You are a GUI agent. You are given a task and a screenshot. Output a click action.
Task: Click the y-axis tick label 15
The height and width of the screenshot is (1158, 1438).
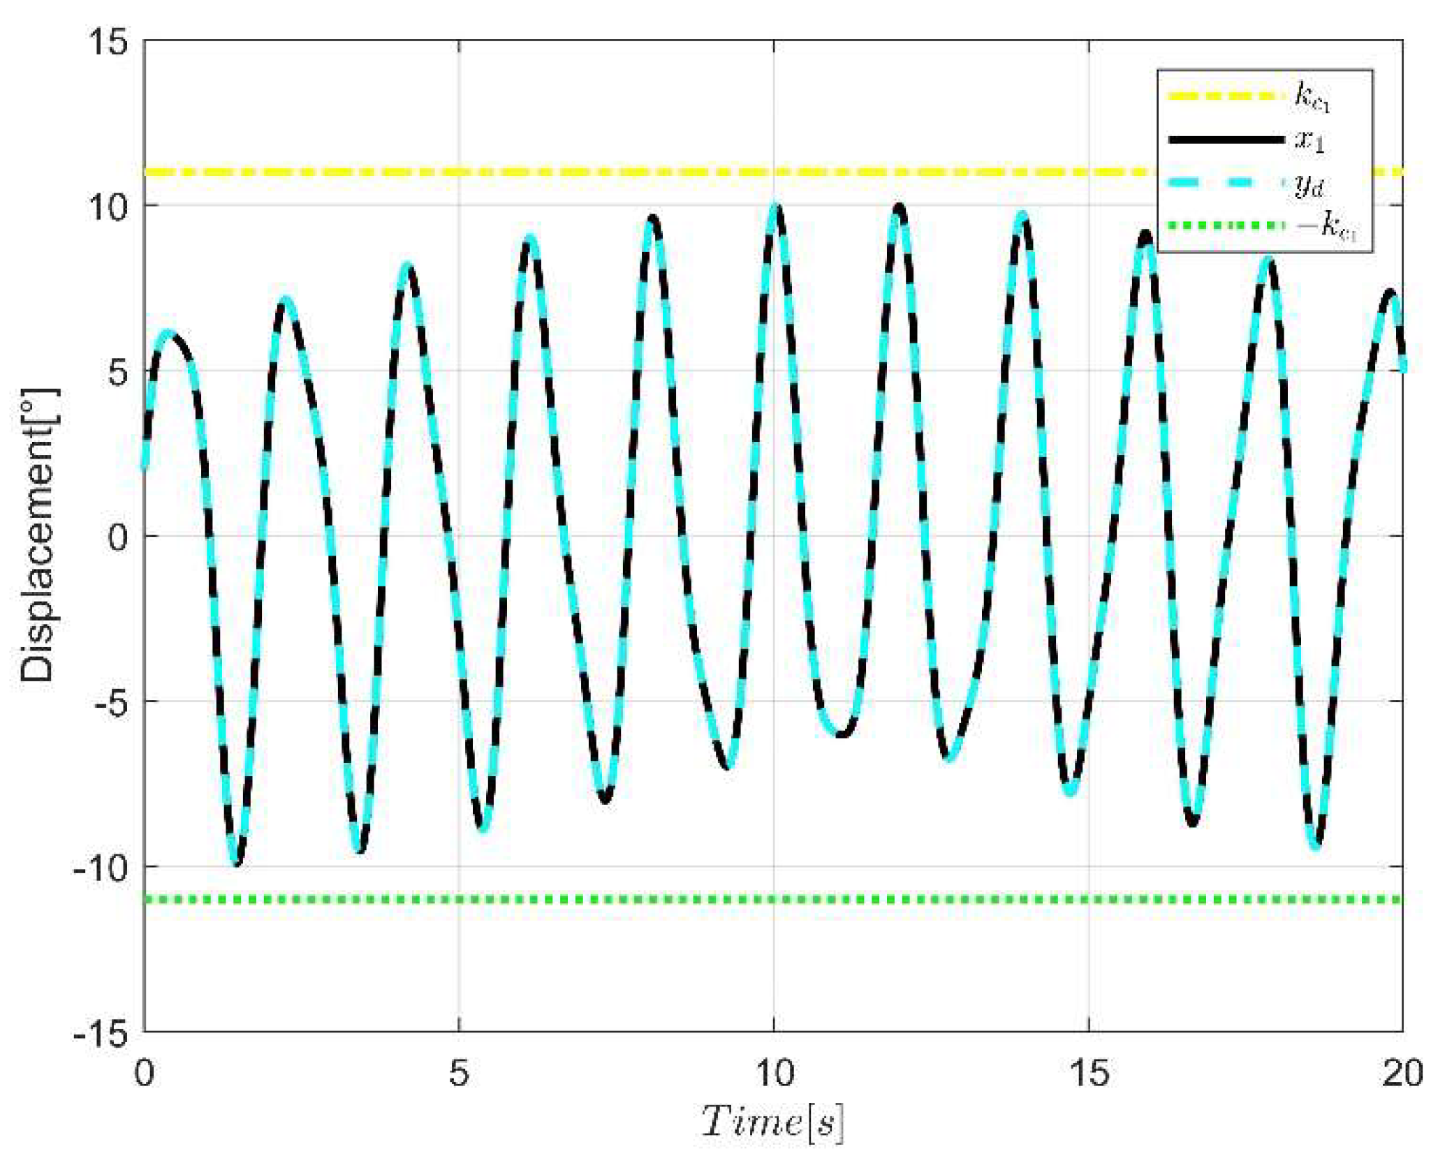tap(108, 43)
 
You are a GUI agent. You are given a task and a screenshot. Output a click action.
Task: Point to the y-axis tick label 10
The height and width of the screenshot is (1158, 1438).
tap(108, 207)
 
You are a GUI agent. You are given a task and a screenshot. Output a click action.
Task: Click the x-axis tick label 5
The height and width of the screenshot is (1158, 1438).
tap(459, 1074)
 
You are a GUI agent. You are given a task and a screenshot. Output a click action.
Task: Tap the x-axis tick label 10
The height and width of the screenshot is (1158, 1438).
tap(775, 1074)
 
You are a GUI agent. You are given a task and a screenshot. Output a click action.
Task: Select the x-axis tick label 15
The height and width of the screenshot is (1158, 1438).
tap(1089, 1074)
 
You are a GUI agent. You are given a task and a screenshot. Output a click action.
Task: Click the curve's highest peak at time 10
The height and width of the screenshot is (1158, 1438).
tap(775, 207)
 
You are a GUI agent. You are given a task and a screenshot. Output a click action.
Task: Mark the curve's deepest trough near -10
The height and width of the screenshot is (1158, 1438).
tap(237, 864)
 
